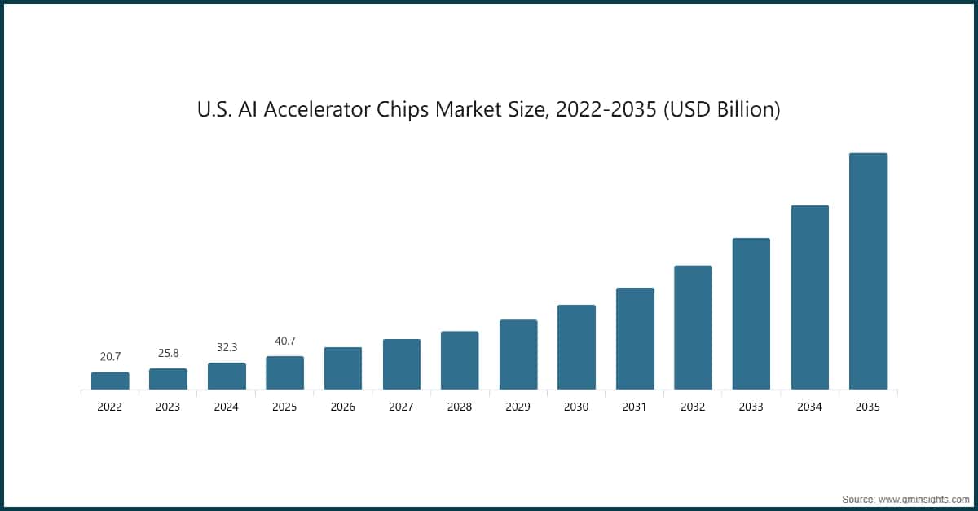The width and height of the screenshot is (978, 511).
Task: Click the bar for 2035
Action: (x=867, y=271)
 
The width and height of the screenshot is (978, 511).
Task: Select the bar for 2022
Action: (x=110, y=381)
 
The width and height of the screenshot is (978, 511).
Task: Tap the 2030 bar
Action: (x=576, y=347)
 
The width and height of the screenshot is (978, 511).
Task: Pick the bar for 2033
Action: (x=751, y=314)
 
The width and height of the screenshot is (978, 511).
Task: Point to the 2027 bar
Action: (x=401, y=364)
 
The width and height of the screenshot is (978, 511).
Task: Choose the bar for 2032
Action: (x=693, y=328)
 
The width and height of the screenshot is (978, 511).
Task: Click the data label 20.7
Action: (x=110, y=357)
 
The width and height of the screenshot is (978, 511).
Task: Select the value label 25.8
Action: (x=168, y=353)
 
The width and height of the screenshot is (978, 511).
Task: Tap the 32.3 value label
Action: (x=227, y=347)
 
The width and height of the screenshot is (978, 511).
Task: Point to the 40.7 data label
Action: (x=284, y=341)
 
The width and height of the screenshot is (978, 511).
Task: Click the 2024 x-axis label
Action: (x=227, y=407)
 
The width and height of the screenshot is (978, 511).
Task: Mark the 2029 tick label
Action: (x=518, y=407)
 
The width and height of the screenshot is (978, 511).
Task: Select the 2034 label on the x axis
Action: (x=809, y=407)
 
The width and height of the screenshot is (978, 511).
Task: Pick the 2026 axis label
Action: (x=343, y=407)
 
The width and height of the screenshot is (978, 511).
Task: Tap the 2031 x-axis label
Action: (x=634, y=407)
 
